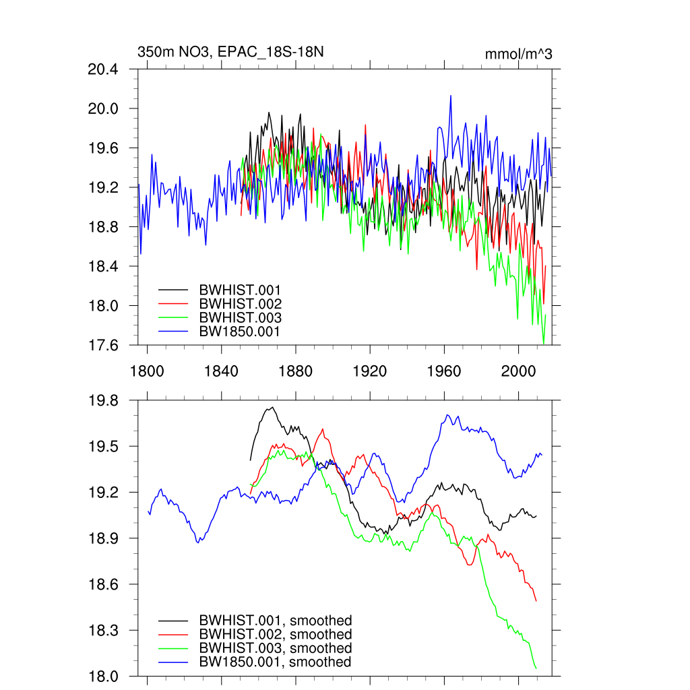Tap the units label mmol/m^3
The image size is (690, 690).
pyautogui.click(x=518, y=54)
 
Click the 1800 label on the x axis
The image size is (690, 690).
pyautogui.click(x=147, y=371)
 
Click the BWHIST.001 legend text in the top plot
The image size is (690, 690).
pyautogui.click(x=240, y=290)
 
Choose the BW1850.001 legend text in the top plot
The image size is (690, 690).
pyautogui.click(x=239, y=332)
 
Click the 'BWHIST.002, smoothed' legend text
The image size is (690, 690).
pyautogui.click(x=275, y=635)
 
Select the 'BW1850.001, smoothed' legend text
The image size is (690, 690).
pyautogui.click(x=275, y=662)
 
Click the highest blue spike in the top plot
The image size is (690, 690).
pyautogui.click(x=450, y=96)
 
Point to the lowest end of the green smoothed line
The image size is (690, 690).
pyautogui.click(x=536, y=668)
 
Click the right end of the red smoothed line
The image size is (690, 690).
pyautogui.click(x=536, y=600)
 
